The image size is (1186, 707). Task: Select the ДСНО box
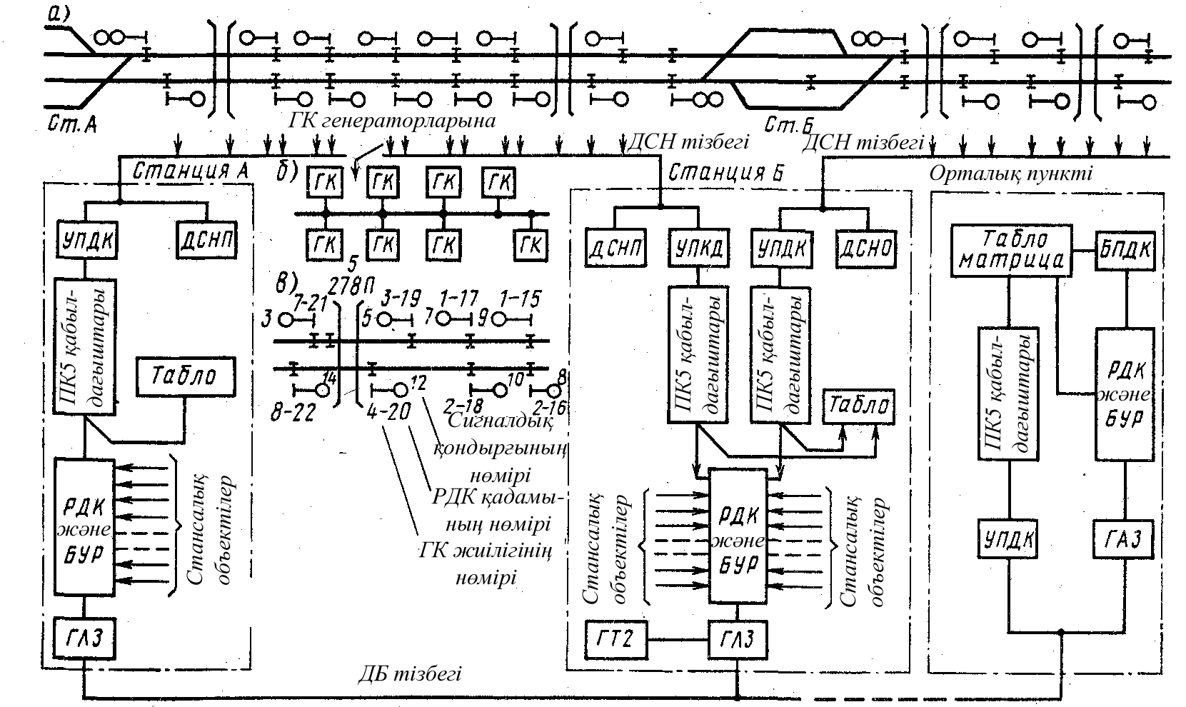[x=865, y=248]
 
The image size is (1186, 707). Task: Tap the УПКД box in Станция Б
[x=698, y=248]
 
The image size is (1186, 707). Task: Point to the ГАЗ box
[x=1125, y=539]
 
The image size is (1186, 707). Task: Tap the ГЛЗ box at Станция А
[x=84, y=638]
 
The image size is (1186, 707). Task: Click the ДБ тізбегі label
[x=409, y=673]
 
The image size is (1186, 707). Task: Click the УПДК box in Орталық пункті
[x=1007, y=539]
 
